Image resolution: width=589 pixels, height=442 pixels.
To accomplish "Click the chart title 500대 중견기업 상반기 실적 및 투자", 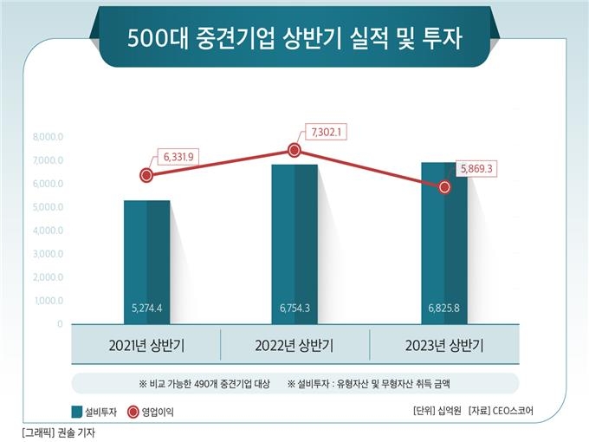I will pyautogui.click(x=294, y=40).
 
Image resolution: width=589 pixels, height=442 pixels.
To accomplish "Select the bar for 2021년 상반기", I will pyautogui.click(x=146, y=260).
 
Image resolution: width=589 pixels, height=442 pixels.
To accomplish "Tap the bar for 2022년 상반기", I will pyautogui.click(x=294, y=243).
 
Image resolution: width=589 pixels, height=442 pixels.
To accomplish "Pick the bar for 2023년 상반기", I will pyautogui.click(x=444, y=243).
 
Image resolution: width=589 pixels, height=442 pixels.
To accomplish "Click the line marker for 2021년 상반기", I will pyautogui.click(x=146, y=175).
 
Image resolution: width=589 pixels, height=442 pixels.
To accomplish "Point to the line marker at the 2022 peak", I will pyautogui.click(x=294, y=150).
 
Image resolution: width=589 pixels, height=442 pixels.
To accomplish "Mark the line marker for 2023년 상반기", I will pyautogui.click(x=445, y=186).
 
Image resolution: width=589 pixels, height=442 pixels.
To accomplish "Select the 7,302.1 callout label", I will pyautogui.click(x=327, y=133).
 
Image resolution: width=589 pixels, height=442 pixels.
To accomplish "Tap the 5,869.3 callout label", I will pyautogui.click(x=473, y=168).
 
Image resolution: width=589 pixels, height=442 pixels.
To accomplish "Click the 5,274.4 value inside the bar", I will pyautogui.click(x=146, y=308).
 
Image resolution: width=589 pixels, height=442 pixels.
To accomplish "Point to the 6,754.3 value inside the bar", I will pyautogui.click(x=294, y=308).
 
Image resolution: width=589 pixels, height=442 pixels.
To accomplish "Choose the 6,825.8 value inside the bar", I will pyautogui.click(x=444, y=308).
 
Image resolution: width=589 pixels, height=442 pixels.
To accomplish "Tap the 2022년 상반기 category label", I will pyautogui.click(x=294, y=346).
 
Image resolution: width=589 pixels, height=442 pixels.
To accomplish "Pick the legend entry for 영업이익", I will pyautogui.click(x=152, y=412).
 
